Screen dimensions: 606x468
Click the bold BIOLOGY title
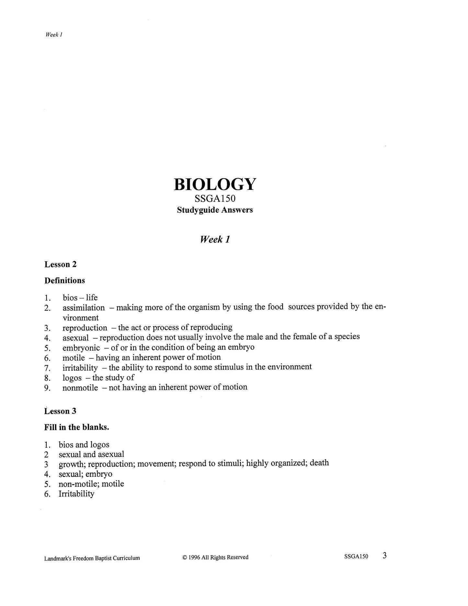(x=215, y=184)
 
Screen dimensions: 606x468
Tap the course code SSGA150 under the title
(x=215, y=198)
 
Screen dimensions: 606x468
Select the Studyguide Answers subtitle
(x=215, y=210)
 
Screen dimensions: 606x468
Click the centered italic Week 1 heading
(x=215, y=239)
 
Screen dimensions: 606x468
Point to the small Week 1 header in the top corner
(x=54, y=35)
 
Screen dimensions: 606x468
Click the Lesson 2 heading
(x=61, y=264)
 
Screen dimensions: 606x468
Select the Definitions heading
(x=64, y=281)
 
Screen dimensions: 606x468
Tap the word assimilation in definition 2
(x=84, y=308)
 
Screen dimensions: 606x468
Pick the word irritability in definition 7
(x=80, y=368)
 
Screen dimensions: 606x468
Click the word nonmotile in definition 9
(x=80, y=388)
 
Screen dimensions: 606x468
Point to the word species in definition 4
(x=347, y=337)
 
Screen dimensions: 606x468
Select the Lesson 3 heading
(x=60, y=411)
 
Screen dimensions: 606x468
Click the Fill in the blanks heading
(x=77, y=427)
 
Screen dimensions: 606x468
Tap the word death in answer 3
(x=319, y=463)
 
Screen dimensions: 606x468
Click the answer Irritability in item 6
(x=76, y=494)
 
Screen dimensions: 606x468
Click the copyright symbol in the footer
(x=185, y=557)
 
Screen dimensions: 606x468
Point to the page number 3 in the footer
(x=384, y=556)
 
